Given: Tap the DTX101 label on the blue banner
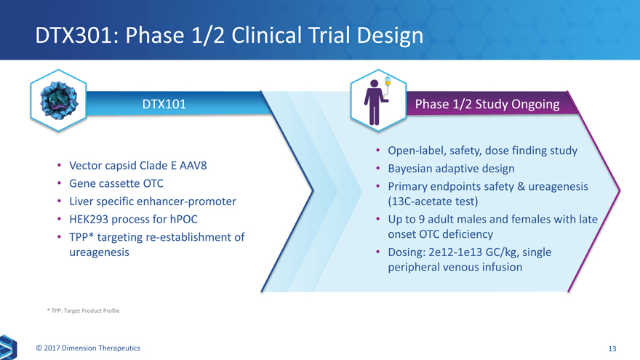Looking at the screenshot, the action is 164,104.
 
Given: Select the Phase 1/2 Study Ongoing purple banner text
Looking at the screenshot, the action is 487,104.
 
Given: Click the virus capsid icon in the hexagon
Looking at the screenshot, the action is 59,100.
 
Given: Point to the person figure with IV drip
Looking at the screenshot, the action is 374,102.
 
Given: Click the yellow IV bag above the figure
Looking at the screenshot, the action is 388,82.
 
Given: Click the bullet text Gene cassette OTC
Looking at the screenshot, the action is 116,183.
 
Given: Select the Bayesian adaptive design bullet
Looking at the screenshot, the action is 451,169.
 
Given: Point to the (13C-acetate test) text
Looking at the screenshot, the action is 433,201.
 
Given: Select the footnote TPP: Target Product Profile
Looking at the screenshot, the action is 83,311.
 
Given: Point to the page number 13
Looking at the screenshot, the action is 612,348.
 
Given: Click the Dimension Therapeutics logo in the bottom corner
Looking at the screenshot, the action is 8,348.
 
